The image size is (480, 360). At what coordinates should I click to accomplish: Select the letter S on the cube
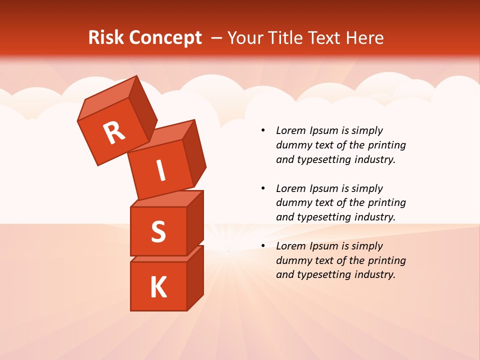pos(158,231)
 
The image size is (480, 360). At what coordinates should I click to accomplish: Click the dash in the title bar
pos(216,38)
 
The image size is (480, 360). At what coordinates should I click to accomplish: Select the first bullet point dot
pos(263,131)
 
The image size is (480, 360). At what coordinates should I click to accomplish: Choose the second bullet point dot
pos(263,189)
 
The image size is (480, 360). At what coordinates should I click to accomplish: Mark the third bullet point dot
pos(263,246)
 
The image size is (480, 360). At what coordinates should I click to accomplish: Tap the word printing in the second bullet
pos(384,203)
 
